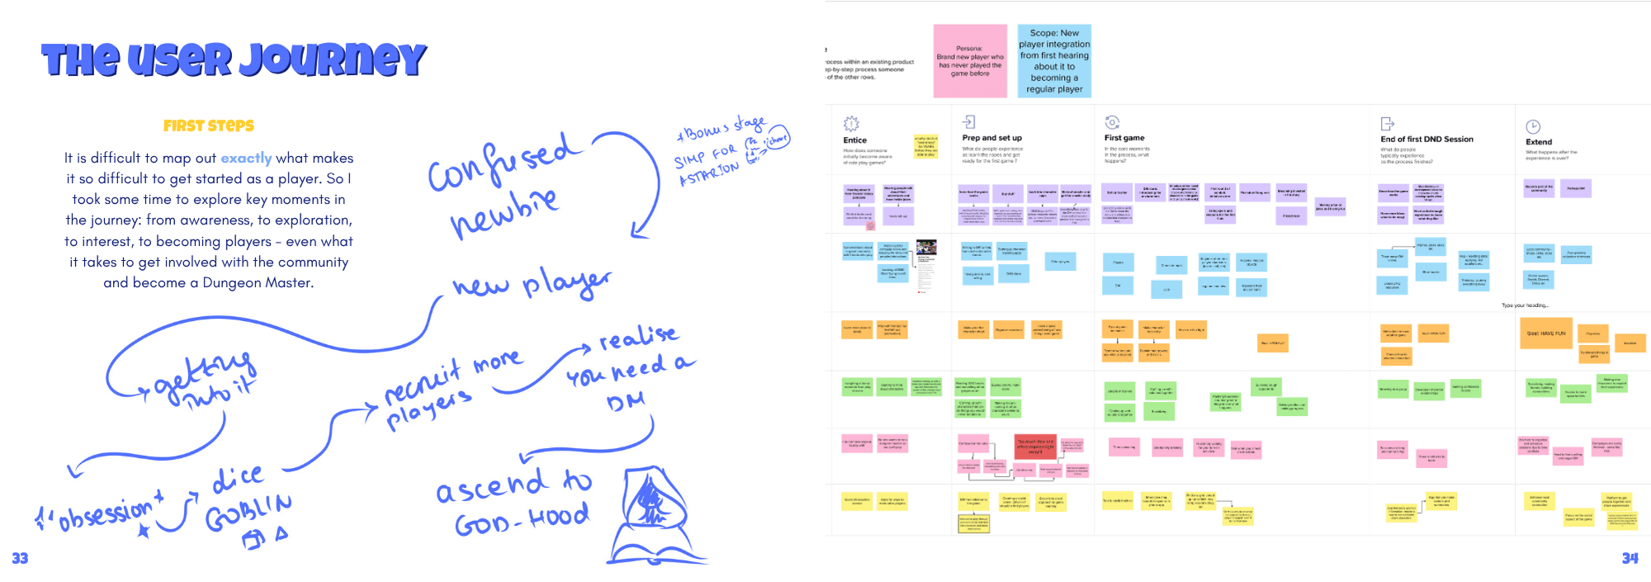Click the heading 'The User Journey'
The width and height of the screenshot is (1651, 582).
pos(234,59)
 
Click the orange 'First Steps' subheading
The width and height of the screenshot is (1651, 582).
pos(209,125)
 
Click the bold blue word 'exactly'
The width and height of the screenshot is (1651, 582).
pos(246,158)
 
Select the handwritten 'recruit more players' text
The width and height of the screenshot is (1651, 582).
pos(450,388)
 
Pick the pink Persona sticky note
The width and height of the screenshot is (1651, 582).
pos(970,61)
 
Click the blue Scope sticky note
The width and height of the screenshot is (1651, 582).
pos(1054,61)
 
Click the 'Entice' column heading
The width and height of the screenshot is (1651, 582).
pos(855,140)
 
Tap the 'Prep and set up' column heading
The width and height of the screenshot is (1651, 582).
pos(992,138)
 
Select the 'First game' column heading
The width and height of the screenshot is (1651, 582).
pos(1124,138)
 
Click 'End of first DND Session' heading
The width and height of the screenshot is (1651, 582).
pos(1426,139)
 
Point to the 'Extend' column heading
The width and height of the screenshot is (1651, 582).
pos(1539,142)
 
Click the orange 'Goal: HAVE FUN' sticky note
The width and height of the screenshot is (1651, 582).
pos(1545,334)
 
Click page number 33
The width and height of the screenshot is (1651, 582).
pos(20,559)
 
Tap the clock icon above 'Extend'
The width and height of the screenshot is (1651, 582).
pos(1533,126)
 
